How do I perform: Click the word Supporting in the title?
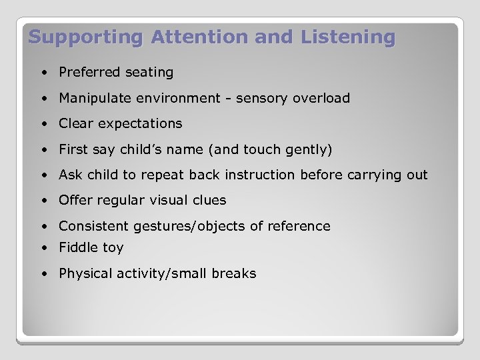tap(86, 37)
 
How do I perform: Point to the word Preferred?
tap(87, 72)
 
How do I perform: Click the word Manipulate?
tap(95, 98)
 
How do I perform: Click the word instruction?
tap(259, 175)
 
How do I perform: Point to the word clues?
tap(209, 200)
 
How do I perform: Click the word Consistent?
tap(93, 226)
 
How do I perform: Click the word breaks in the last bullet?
tap(234, 273)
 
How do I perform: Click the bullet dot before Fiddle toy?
tap(43, 248)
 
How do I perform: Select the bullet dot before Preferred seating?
tap(43, 72)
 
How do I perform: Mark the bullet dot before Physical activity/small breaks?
tap(43, 274)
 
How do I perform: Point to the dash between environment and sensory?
tap(226, 99)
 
